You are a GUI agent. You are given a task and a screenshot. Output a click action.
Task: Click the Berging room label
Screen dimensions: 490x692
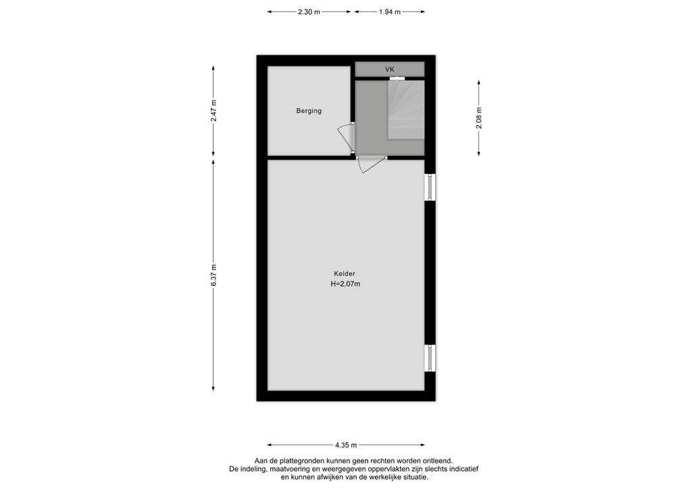pos(309,111)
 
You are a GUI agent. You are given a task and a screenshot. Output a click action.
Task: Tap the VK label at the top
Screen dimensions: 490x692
pos(390,70)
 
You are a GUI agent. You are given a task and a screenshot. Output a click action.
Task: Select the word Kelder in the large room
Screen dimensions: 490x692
pos(344,273)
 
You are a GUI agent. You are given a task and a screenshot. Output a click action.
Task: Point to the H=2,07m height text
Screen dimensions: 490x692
pos(345,284)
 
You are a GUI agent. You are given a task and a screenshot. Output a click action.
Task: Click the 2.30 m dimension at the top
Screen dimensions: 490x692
pos(309,12)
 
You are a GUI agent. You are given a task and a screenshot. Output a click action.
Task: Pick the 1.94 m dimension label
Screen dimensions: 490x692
pos(389,12)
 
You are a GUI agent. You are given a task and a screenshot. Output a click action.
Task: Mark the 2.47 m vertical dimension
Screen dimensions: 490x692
pos(214,110)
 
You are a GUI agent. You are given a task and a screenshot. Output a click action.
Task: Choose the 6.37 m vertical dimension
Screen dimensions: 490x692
pos(214,275)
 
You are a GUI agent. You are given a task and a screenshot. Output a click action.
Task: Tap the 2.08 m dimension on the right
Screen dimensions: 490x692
pos(479,118)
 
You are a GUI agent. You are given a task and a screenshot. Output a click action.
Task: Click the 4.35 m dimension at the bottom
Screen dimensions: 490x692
pos(347,445)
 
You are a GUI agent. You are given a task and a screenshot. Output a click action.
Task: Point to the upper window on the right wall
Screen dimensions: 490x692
pos(430,187)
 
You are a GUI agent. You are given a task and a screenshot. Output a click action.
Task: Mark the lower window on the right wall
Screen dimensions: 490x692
pos(430,357)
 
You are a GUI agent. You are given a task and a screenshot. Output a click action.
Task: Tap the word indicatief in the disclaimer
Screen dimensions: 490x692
pos(461,469)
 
